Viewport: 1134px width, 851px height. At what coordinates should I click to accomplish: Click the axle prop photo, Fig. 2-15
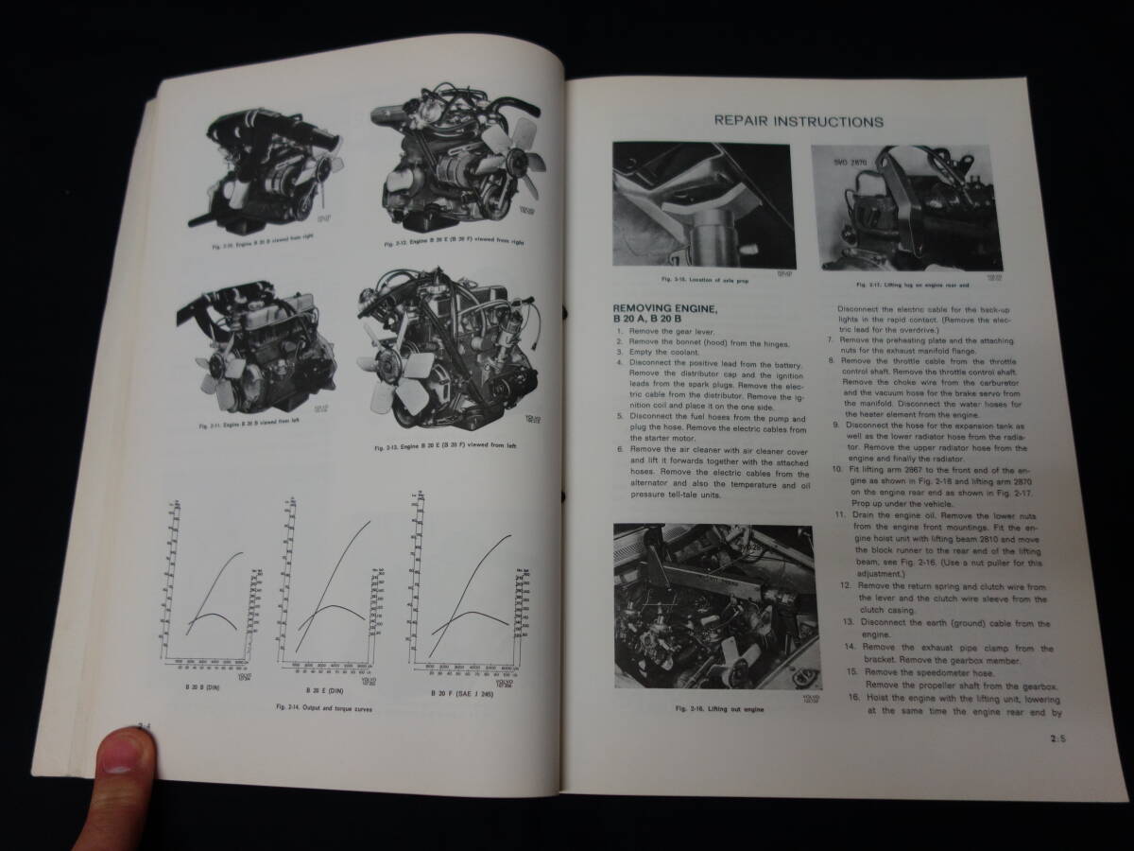click(701, 207)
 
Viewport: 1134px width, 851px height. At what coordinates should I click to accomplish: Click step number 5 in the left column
click(619, 417)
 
